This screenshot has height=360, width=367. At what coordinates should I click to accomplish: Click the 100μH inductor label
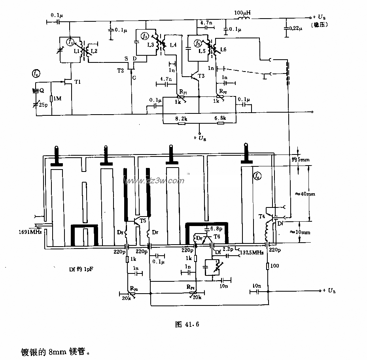pyautogui.click(x=242, y=13)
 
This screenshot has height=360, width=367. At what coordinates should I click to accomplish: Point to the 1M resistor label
pyautogui.click(x=58, y=99)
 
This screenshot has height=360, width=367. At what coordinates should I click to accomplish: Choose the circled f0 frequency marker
pyautogui.click(x=36, y=74)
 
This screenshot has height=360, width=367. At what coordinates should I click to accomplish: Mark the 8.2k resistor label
pyautogui.click(x=182, y=118)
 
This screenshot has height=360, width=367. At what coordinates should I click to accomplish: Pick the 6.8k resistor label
pyautogui.click(x=220, y=118)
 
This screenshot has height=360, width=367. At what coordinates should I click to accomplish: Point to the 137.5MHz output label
pyautogui.click(x=251, y=252)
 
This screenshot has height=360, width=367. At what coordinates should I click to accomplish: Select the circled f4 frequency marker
pyautogui.click(x=257, y=175)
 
